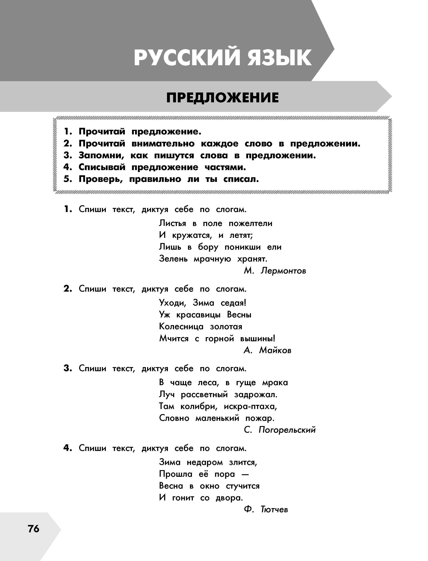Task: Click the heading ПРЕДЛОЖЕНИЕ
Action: point(222,98)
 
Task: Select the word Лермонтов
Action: point(283,271)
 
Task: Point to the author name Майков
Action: point(275,350)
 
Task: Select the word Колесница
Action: point(181,327)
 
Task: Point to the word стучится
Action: point(243,486)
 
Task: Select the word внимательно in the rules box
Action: point(163,144)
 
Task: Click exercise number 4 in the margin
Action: point(67,448)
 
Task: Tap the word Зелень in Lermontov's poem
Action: point(173,259)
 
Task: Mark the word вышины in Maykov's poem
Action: point(258,339)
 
